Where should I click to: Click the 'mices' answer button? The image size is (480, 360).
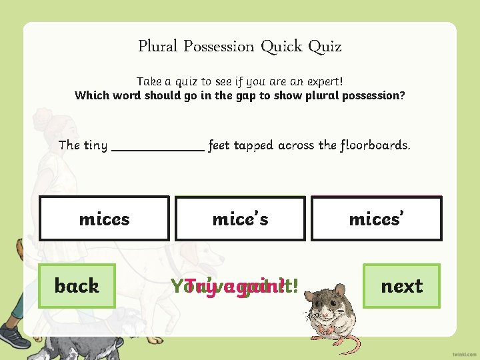tap(104, 219)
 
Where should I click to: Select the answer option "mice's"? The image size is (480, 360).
tap(240, 219)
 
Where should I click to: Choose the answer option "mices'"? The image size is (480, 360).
tap(377, 219)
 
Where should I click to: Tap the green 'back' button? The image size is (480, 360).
tap(77, 286)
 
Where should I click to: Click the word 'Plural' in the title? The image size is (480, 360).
tap(158, 47)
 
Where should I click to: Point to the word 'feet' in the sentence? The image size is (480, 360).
tap(218, 145)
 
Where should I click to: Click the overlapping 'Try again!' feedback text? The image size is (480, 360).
tap(233, 286)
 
